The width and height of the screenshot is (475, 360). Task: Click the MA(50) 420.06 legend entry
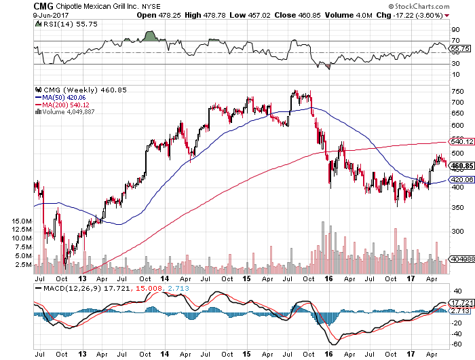(61, 97)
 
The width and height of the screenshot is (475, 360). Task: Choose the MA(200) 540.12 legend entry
(63, 105)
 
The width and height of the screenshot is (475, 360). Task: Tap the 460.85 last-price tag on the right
(461, 165)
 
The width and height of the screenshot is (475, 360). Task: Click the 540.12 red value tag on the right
(461, 142)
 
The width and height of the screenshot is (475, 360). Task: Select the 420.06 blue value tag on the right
(461, 180)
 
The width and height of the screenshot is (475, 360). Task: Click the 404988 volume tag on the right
(461, 259)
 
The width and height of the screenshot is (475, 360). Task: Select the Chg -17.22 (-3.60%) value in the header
(438, 15)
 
